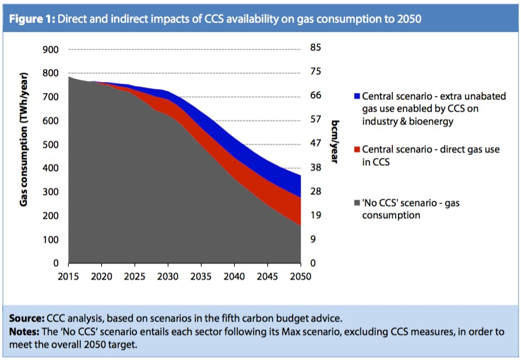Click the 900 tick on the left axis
pos(51,50)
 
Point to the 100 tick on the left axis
pos(51,240)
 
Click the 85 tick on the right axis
pos(315,48)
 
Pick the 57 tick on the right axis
pos(315,119)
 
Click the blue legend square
pos(357,96)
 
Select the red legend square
pos(357,150)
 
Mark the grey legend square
pos(357,203)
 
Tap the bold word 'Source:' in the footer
pos(26,320)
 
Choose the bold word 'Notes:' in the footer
pos(24,332)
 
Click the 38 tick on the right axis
pos(315,167)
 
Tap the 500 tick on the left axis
pos(51,144)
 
